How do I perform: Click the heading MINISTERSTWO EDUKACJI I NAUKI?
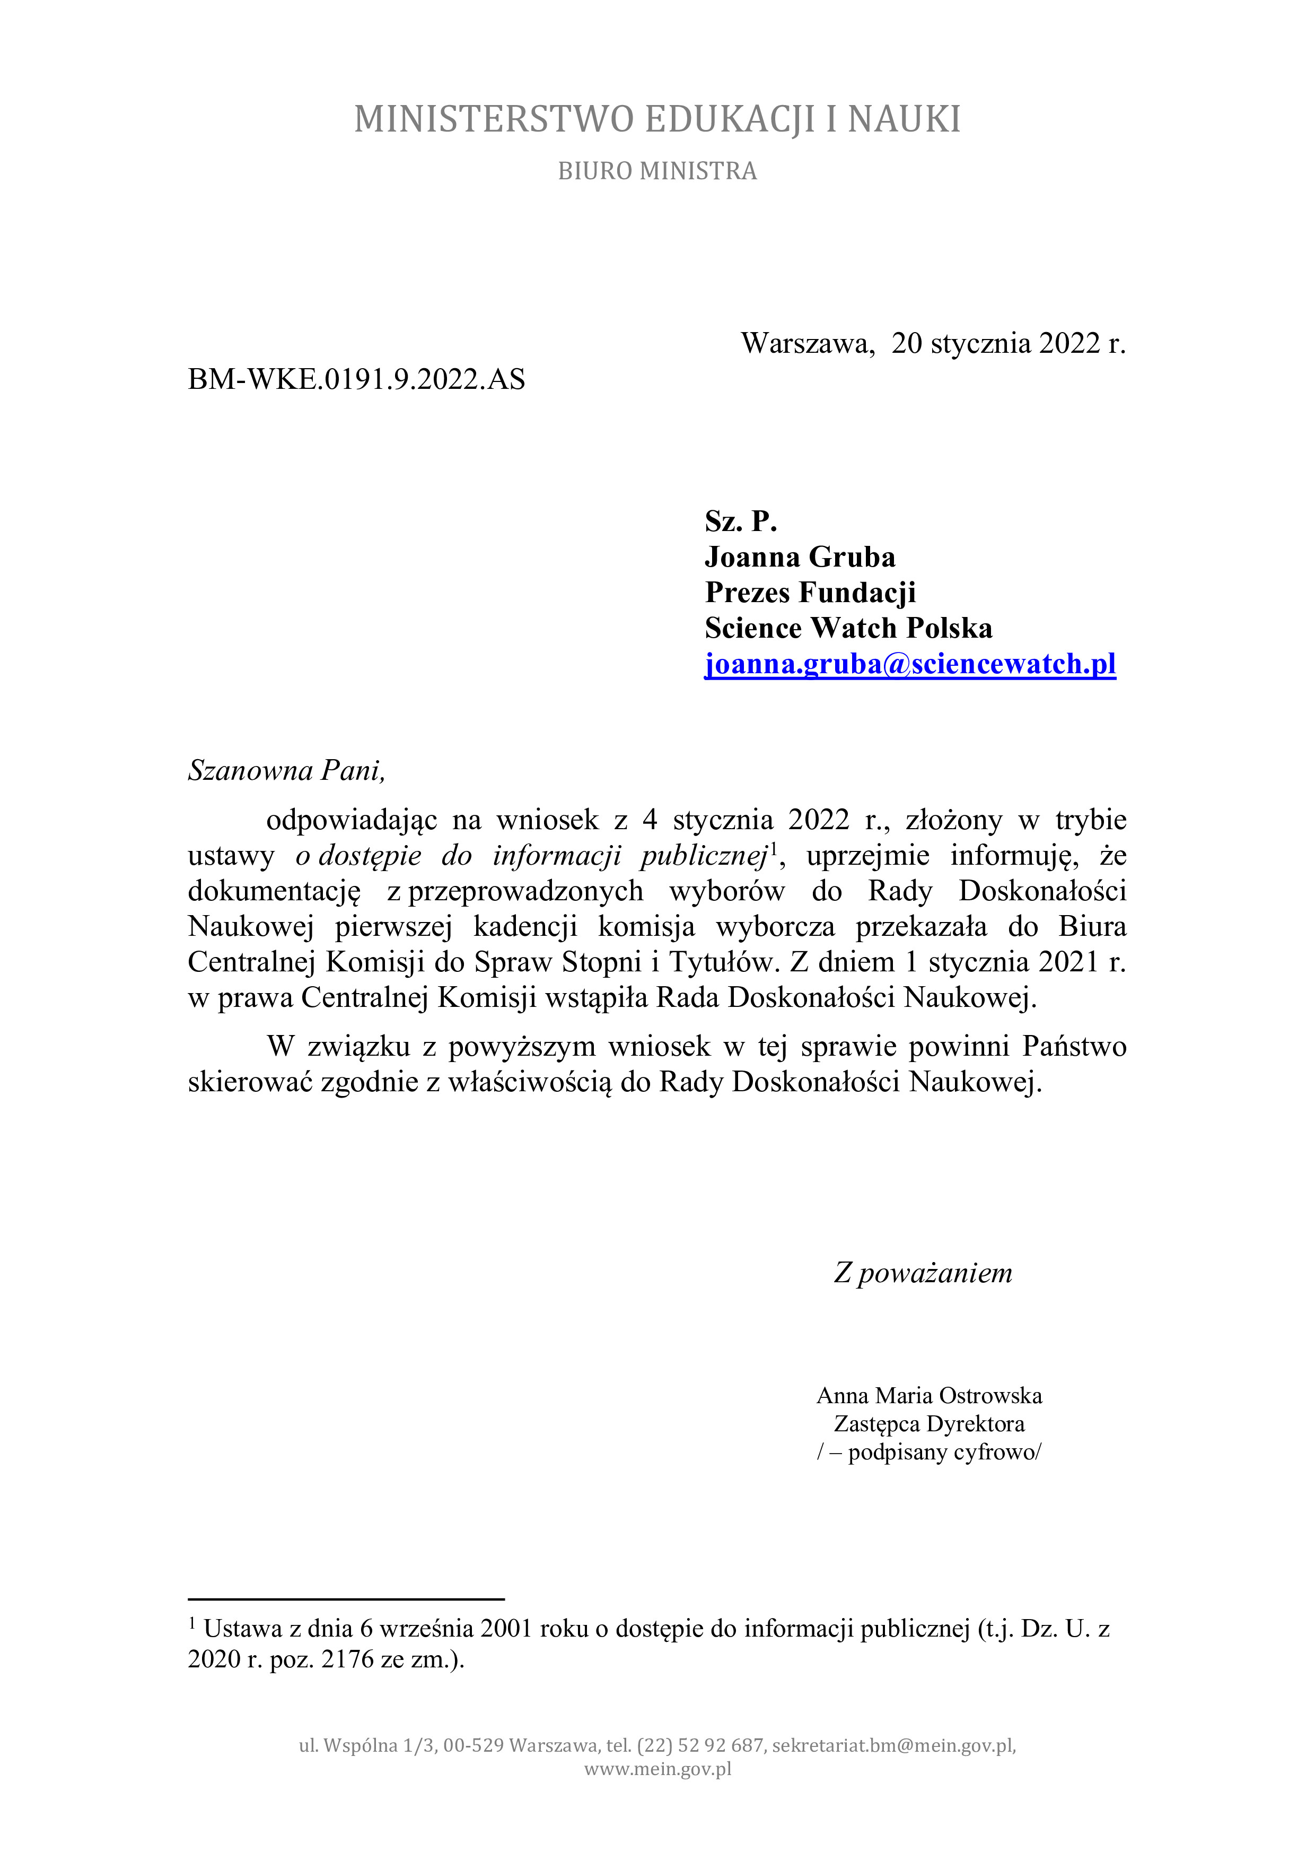tap(657, 119)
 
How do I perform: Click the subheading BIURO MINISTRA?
tap(657, 171)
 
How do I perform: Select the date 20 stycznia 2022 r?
tap(1008, 344)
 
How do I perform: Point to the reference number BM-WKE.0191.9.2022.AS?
tap(356, 379)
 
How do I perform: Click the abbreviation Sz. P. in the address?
tap(741, 521)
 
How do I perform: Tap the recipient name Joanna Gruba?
tap(800, 557)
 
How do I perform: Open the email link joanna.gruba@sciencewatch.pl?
tap(910, 664)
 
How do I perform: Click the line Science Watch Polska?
tap(848, 628)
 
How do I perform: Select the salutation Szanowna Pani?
tap(286, 770)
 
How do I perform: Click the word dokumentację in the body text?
tap(274, 891)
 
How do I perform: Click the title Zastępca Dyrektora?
tap(930, 1423)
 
